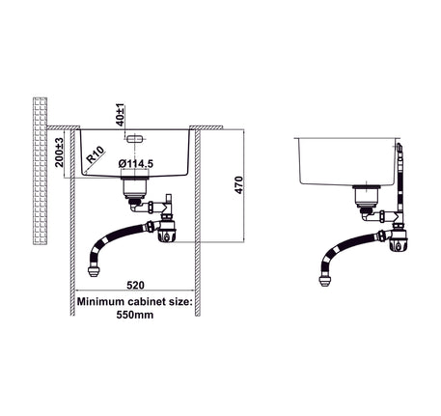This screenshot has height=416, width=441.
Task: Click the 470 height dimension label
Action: coord(238,185)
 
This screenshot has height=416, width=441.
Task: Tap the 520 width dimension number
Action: coord(135,285)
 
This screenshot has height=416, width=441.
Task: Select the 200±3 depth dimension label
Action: coord(59,153)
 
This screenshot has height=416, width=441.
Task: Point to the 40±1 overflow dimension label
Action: coord(120,115)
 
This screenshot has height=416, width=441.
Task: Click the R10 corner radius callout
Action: coord(96,154)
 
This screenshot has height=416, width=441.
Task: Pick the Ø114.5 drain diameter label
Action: coord(136,164)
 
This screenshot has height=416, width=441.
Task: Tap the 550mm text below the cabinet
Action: coord(135,315)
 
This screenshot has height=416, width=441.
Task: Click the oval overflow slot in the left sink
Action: coord(134,139)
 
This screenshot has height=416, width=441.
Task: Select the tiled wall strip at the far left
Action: coord(41,171)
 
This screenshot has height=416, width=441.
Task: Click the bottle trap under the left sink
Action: coord(166,232)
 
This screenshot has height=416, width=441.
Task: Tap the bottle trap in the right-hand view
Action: coord(399,240)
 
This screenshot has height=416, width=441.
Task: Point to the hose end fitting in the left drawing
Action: coord(93,272)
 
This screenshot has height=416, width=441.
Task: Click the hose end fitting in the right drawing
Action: coord(325,281)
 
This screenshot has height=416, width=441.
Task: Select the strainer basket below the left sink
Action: coord(135,188)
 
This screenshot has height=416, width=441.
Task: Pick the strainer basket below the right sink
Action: coord(367,197)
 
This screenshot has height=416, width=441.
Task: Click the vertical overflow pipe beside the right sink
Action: coord(400,181)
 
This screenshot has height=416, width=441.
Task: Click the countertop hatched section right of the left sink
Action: coord(207,127)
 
